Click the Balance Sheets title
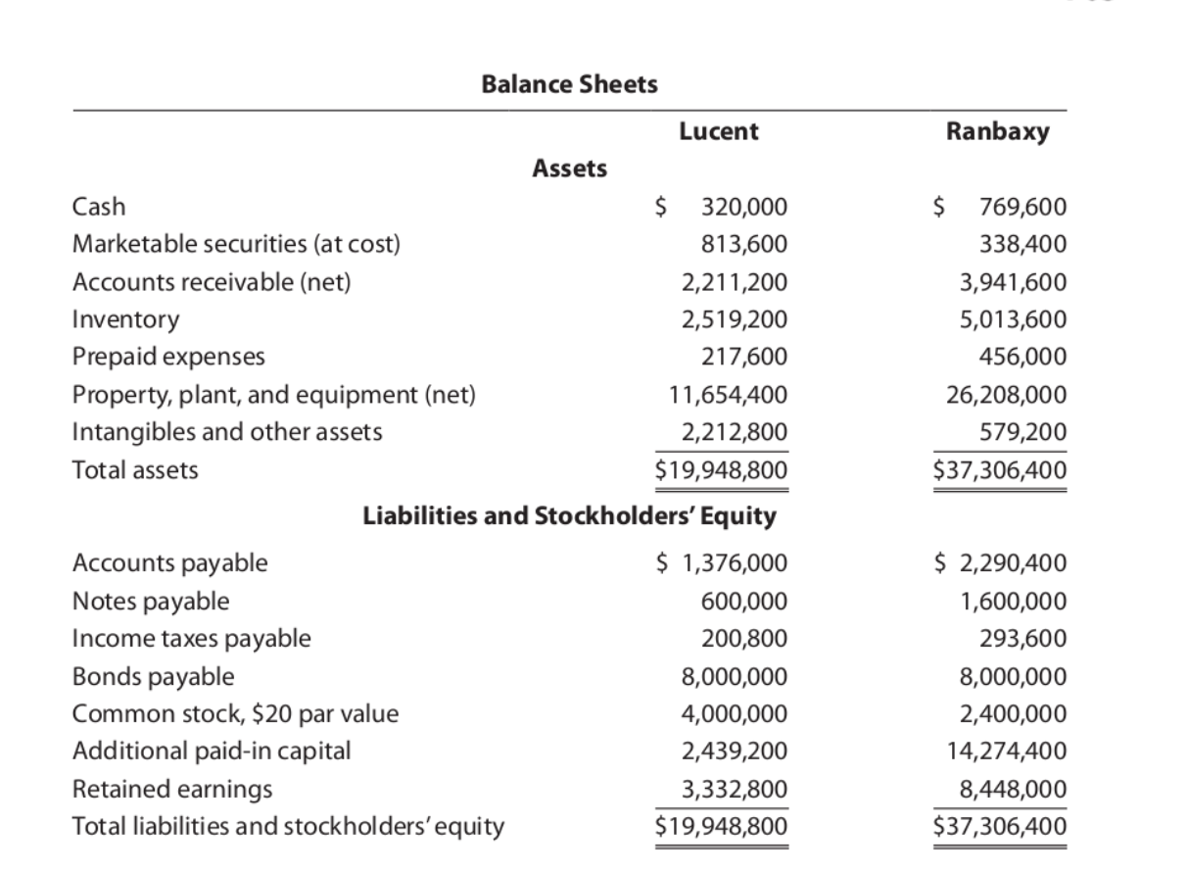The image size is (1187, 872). click(x=569, y=84)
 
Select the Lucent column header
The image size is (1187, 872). click(x=718, y=131)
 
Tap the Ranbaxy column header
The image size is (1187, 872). click(x=997, y=131)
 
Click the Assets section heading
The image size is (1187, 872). click(x=569, y=169)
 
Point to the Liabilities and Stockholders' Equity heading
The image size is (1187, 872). click(x=569, y=515)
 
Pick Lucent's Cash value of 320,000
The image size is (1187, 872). click(x=743, y=207)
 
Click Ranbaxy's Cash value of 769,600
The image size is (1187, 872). click(x=1022, y=207)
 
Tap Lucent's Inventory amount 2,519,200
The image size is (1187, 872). click(x=733, y=319)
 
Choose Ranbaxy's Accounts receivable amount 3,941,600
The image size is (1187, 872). click(x=1014, y=282)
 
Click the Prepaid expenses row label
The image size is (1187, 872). click(x=168, y=356)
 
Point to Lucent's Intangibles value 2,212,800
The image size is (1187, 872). click(x=733, y=432)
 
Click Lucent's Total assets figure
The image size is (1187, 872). click(x=721, y=470)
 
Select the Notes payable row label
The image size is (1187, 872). click(x=152, y=600)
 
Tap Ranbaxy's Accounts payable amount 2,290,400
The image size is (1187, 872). click(x=1014, y=562)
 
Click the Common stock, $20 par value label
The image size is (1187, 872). click(x=236, y=713)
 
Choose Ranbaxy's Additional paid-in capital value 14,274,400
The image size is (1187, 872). click(x=1006, y=751)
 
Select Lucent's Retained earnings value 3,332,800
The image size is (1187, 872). click(x=733, y=789)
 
